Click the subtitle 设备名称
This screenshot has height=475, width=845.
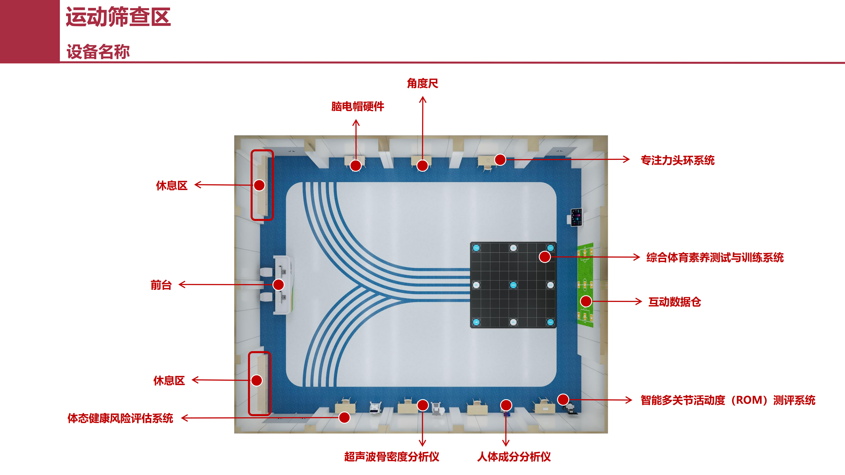[98, 52]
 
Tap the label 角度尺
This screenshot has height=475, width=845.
[422, 83]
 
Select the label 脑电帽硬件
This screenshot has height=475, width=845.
[358, 106]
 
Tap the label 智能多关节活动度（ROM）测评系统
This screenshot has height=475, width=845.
[728, 400]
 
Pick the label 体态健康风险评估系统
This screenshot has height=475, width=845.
[120, 418]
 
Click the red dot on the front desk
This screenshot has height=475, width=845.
[279, 285]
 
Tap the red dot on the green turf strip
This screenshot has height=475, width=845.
[586, 301]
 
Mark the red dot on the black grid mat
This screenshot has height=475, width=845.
[545, 257]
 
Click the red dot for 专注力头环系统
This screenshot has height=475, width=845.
[500, 160]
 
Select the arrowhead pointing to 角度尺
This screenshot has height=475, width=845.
[423, 99]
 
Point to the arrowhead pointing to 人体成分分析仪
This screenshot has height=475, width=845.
[506, 443]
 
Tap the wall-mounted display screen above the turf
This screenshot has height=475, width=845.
[576, 217]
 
